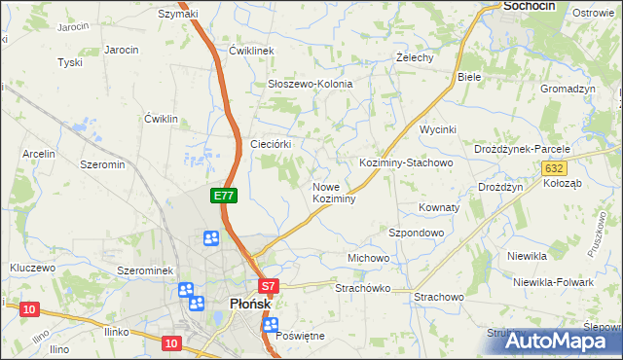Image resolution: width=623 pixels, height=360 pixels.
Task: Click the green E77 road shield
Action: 224,196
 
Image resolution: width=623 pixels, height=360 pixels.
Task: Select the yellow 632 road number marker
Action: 552,168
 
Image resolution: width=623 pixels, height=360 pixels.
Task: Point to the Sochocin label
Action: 529,6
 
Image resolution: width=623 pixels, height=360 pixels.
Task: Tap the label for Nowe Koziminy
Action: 334,192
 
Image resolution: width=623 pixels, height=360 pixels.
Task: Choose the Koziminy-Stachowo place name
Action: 406,162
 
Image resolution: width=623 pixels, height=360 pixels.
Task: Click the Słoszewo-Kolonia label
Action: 310,84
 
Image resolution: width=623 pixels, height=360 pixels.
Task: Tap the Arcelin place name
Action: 39,154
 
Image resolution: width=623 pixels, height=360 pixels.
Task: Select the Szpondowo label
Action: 416,234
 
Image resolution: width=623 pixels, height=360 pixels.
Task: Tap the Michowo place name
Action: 368,258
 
